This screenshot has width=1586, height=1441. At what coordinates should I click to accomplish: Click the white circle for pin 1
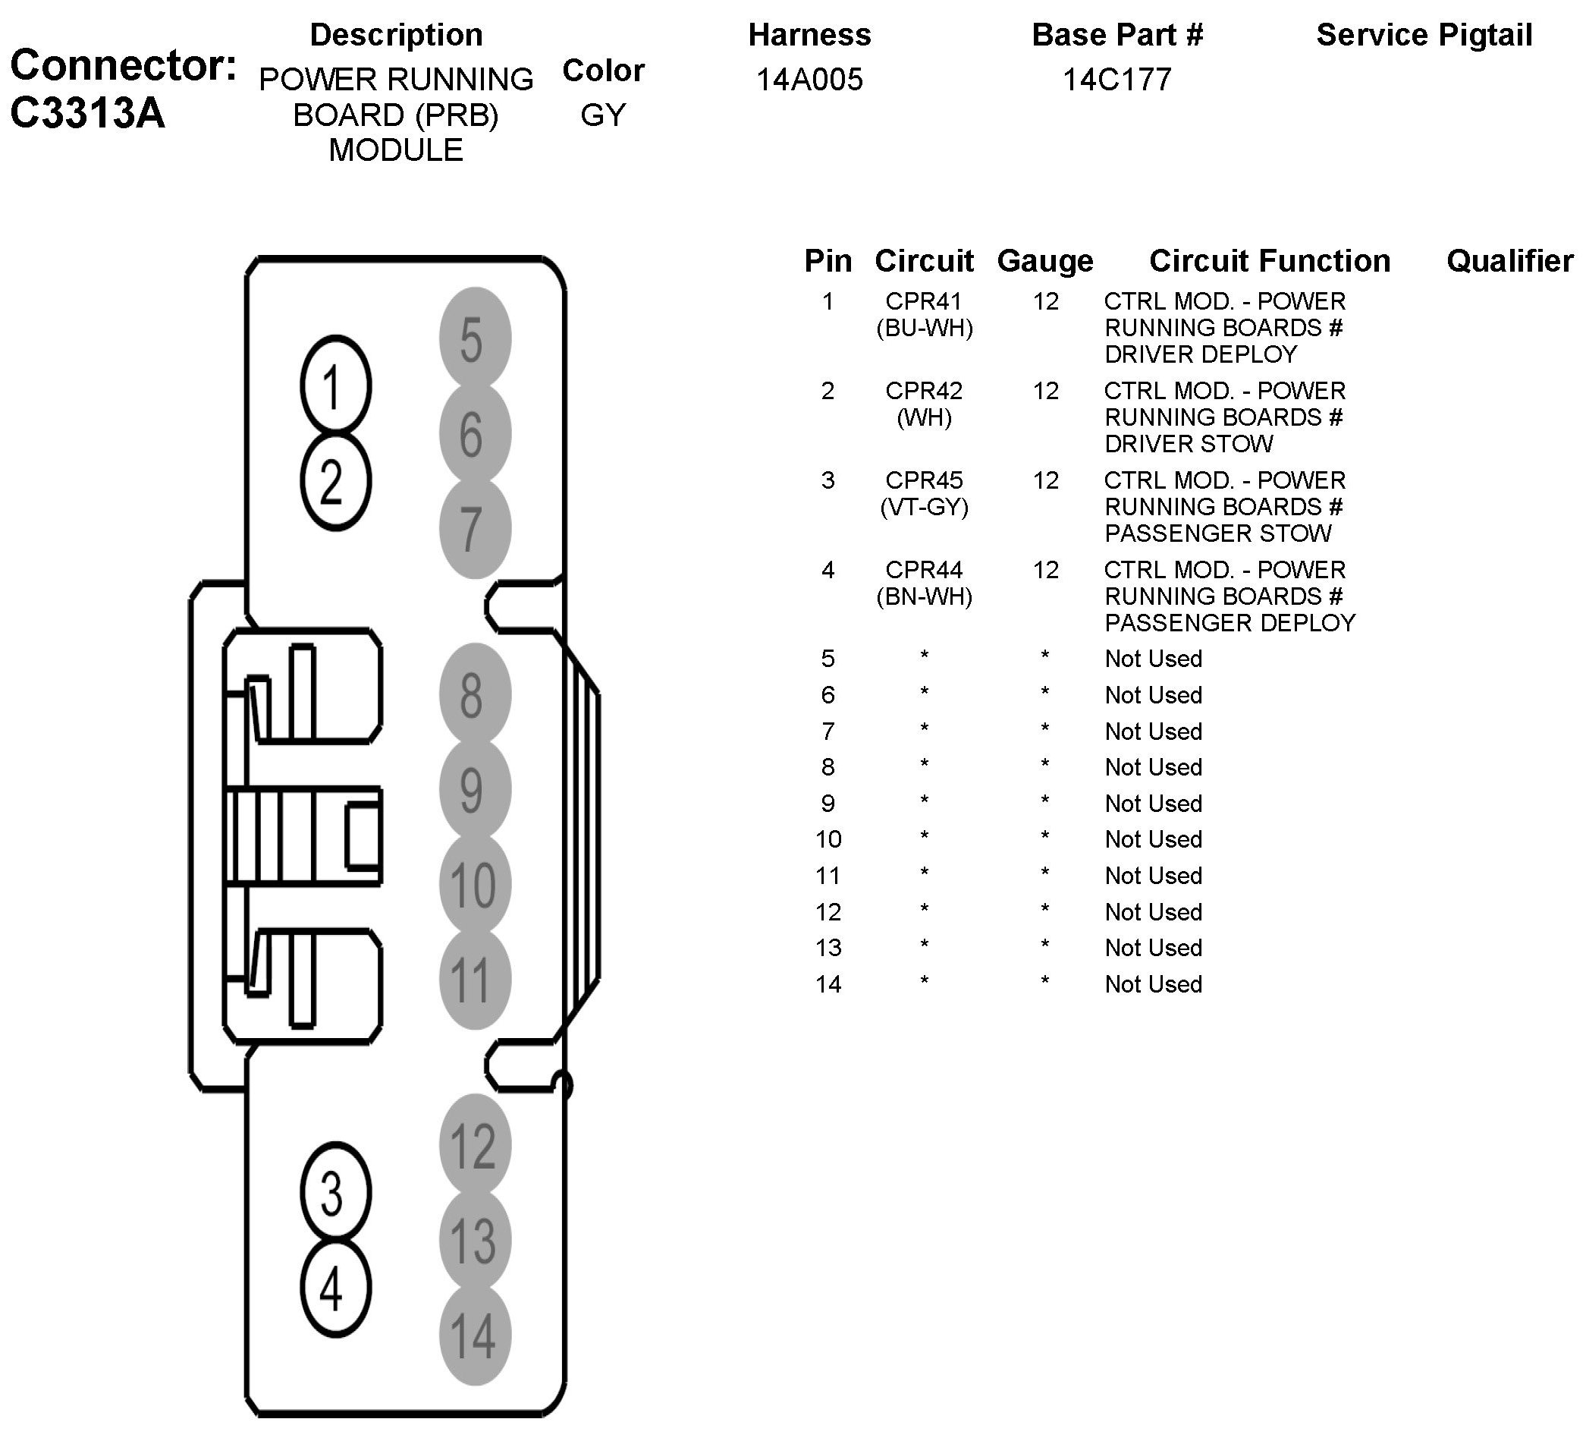pyautogui.click(x=335, y=385)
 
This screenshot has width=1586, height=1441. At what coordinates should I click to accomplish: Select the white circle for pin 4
pyautogui.click(x=335, y=1288)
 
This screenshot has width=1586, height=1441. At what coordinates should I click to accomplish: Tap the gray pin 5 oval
pyautogui.click(x=474, y=339)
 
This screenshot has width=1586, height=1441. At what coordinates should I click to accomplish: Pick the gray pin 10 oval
pyautogui.click(x=474, y=884)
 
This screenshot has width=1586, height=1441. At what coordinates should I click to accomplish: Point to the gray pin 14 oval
pyautogui.click(x=474, y=1335)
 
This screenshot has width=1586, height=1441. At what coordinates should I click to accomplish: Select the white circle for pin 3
pyautogui.click(x=335, y=1191)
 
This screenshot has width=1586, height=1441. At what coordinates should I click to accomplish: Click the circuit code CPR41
pyautogui.click(x=924, y=301)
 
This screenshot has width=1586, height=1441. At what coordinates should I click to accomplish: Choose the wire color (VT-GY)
pyautogui.click(x=924, y=507)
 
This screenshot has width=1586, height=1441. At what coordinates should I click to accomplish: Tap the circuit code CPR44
pyautogui.click(x=924, y=570)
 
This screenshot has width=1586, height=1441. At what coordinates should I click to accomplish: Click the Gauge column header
pyautogui.click(x=1044, y=261)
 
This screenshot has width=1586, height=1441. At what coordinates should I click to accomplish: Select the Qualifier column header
pyautogui.click(x=1509, y=261)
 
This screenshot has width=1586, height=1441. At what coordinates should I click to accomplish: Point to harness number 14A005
pyautogui.click(x=809, y=80)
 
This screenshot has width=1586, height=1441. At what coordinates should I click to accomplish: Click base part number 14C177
pyautogui.click(x=1117, y=80)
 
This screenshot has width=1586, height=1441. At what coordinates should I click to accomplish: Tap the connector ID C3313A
pyautogui.click(x=87, y=112)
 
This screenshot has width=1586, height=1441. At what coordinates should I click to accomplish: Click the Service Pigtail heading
pyautogui.click(x=1424, y=36)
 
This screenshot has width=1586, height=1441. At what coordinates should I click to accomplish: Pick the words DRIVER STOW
pyautogui.click(x=1188, y=444)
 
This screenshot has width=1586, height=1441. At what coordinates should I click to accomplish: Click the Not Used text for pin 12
pyautogui.click(x=1154, y=912)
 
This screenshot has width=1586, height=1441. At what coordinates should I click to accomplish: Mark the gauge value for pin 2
pyautogui.click(x=1045, y=391)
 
